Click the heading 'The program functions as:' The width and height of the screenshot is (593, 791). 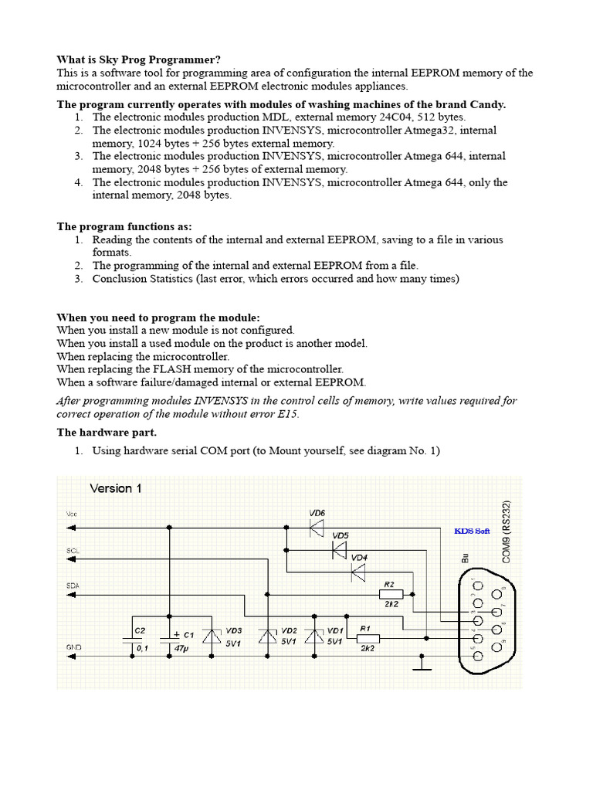tap(124, 226)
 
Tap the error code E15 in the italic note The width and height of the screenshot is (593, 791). tap(288, 414)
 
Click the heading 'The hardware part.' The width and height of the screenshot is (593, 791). tap(107, 432)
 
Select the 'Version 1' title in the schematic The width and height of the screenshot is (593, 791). tap(116, 488)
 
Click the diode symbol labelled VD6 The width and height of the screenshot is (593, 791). tap(317, 528)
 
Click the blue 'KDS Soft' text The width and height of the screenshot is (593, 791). tap(472, 531)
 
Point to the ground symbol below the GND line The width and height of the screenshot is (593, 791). tap(422, 664)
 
